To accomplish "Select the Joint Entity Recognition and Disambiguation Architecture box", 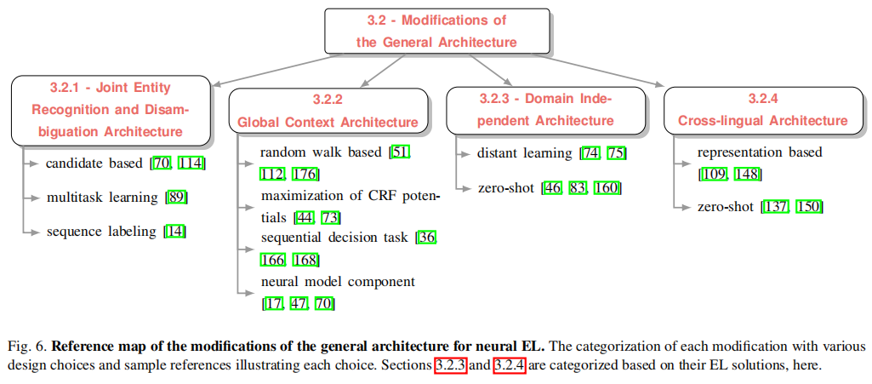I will click(x=111, y=110).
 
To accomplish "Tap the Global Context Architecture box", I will click(x=328, y=112).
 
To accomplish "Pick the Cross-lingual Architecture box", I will click(x=763, y=110).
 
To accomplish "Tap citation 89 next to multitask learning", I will click(x=177, y=197).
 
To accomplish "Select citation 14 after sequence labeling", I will click(x=175, y=231).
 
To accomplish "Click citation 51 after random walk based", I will click(x=401, y=153).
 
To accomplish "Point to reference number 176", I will click(x=305, y=174).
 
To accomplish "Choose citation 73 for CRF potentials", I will click(x=331, y=217).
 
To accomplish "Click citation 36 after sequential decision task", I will click(x=427, y=238).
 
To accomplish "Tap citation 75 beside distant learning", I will click(x=617, y=153).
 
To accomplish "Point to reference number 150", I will click(x=809, y=206).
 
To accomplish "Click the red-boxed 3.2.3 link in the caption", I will click(x=450, y=366).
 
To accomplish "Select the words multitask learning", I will click(x=101, y=197).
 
